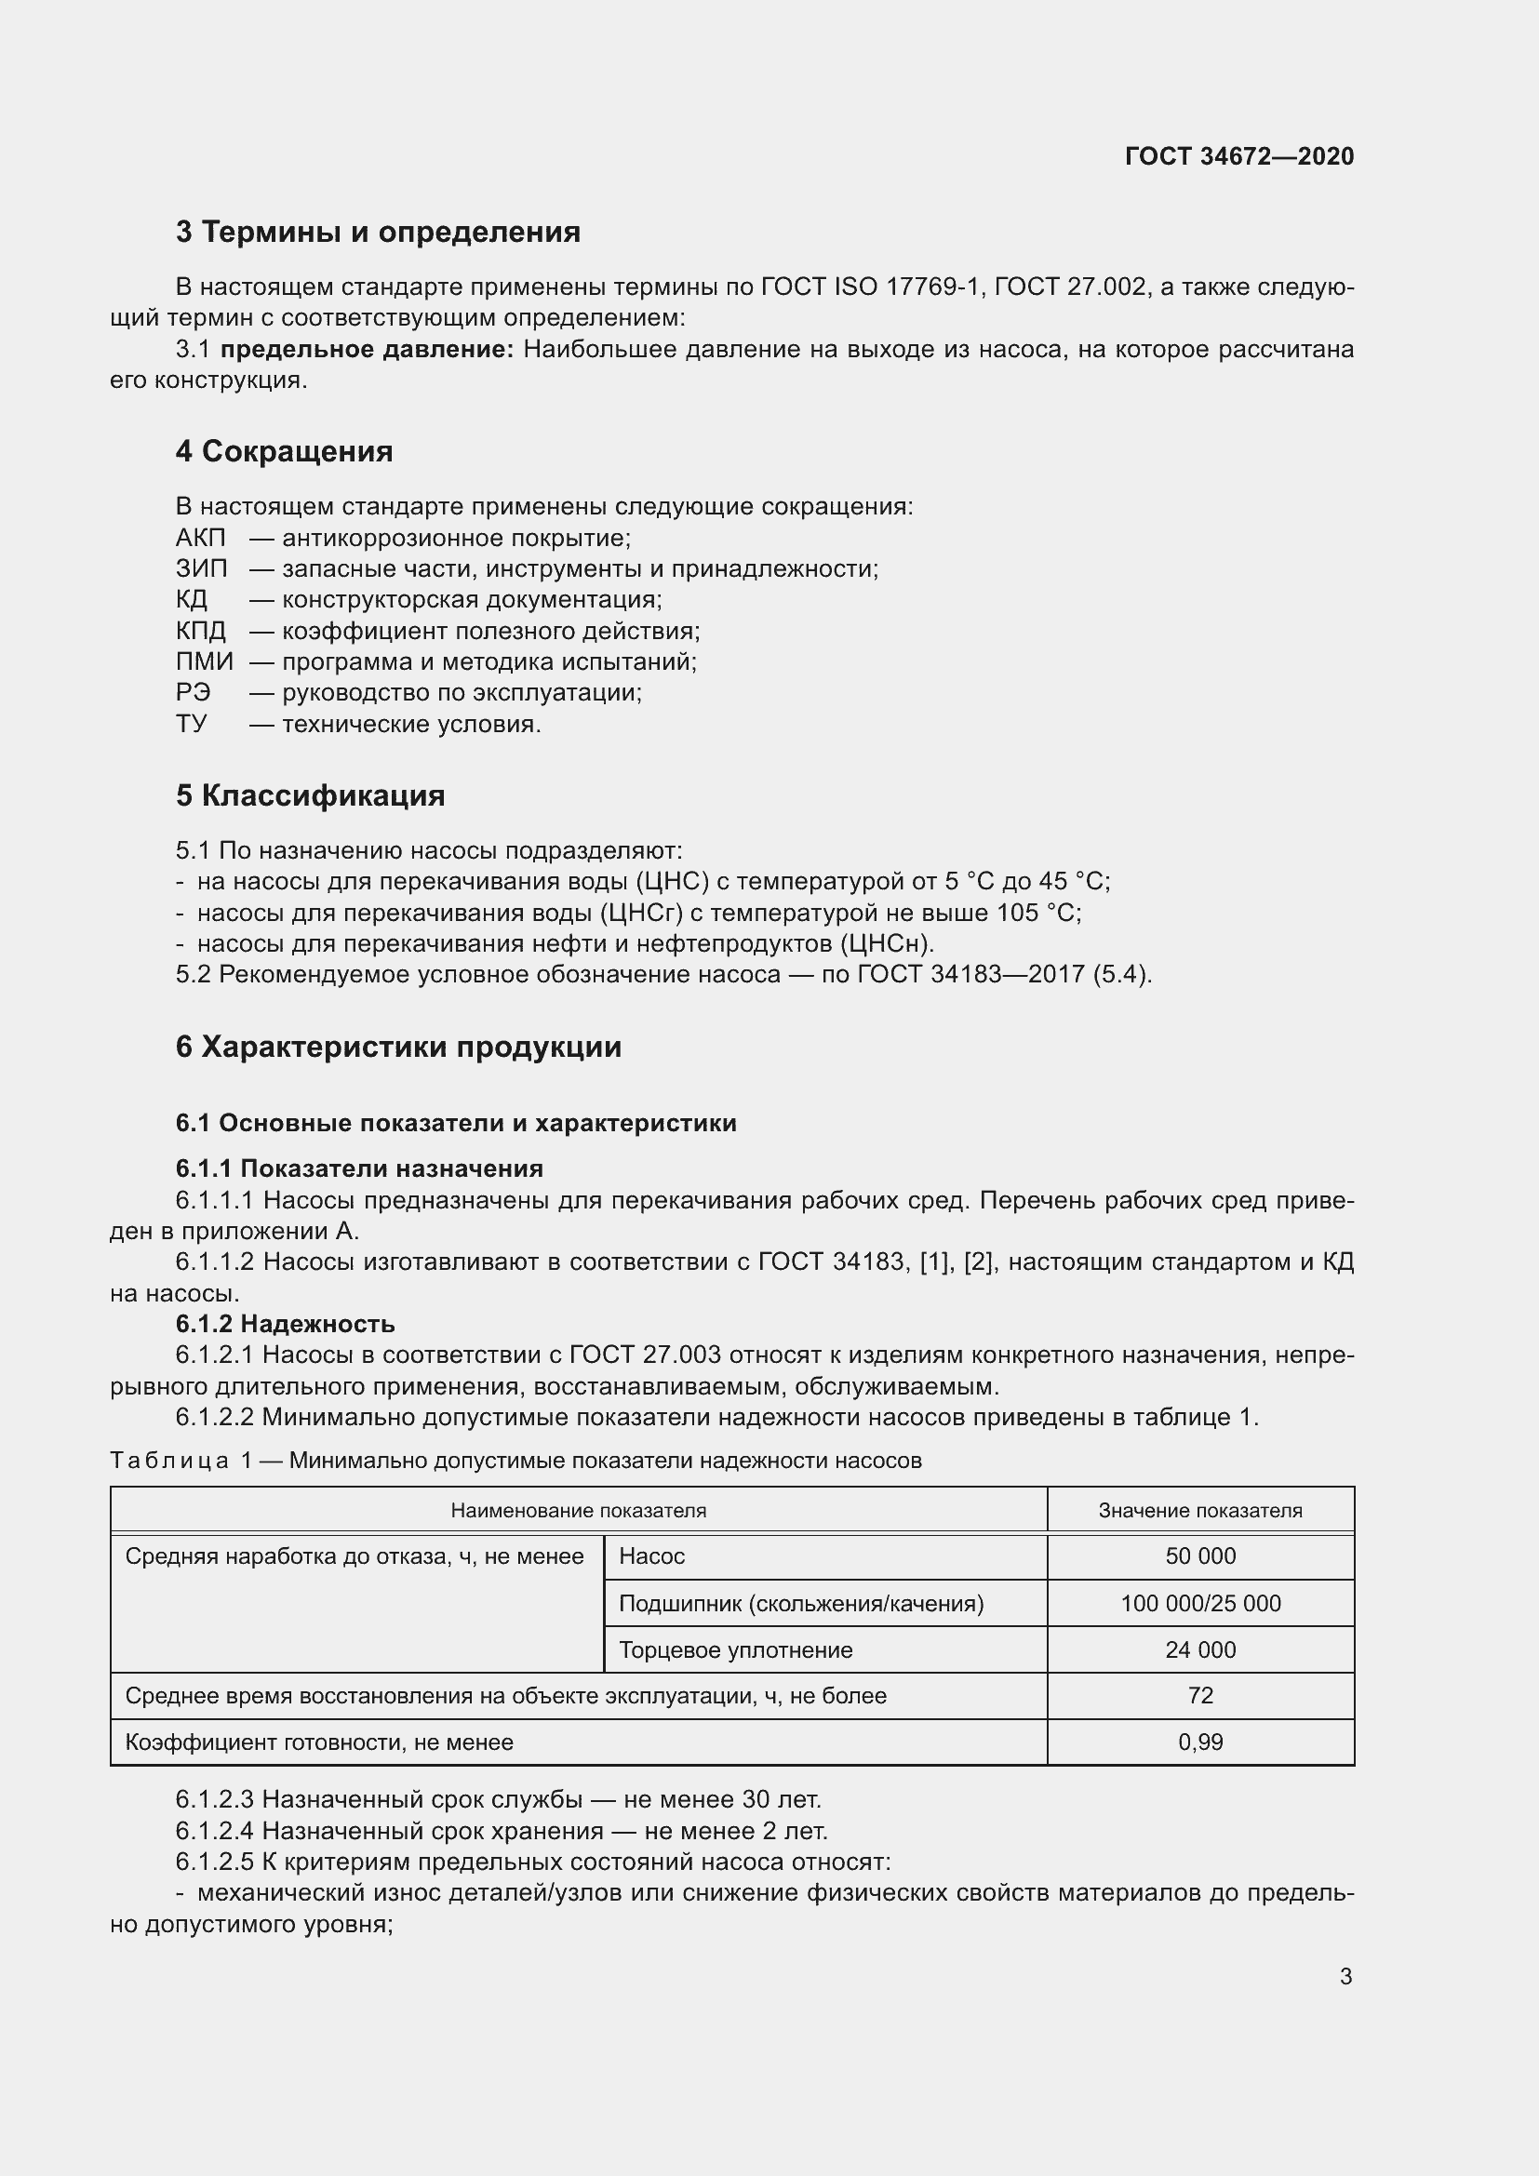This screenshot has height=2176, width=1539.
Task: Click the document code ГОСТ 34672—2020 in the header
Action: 1238,156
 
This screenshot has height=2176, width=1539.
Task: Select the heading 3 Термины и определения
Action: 377,233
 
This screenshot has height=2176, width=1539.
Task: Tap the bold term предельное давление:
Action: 367,350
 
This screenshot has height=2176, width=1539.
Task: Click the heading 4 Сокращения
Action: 284,451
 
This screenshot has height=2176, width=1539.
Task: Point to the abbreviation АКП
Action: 200,539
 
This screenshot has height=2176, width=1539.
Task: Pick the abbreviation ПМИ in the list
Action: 204,661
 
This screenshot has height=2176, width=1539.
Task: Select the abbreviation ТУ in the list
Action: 191,724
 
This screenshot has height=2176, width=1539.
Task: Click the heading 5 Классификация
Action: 310,795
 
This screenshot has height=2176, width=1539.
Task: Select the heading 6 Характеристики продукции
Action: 398,1048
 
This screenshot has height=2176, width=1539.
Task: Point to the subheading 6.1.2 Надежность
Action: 285,1324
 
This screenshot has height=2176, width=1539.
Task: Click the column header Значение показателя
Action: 1199,1511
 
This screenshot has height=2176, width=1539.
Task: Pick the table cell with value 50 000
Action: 1199,1556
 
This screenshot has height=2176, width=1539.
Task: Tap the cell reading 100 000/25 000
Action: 1199,1604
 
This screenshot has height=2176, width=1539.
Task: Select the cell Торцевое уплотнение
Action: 735,1650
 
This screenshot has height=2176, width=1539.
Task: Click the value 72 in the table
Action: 1199,1696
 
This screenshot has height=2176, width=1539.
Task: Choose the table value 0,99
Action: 1199,1742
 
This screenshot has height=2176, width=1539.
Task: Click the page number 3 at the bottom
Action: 1345,1977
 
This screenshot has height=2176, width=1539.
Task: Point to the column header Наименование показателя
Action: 578,1511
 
